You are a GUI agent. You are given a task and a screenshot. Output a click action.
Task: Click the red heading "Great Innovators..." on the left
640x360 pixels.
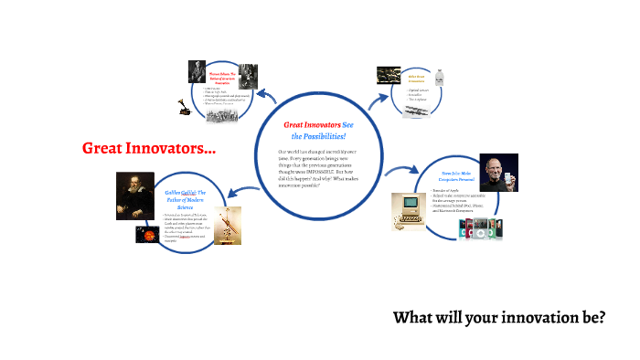pyautogui.click(x=149, y=148)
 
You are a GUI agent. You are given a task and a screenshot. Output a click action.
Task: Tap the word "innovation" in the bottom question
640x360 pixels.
pyautogui.click(x=543, y=318)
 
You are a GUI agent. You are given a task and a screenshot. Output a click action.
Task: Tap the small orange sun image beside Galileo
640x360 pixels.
pyautogui.click(x=145, y=235)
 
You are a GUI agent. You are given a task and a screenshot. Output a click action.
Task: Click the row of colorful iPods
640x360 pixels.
pyautogui.click(x=482, y=228)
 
